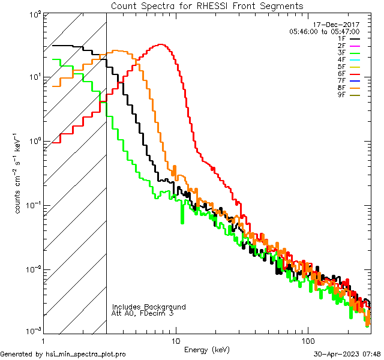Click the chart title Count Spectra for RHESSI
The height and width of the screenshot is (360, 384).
click(207, 5)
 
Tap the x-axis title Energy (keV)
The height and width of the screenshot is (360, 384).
click(206, 349)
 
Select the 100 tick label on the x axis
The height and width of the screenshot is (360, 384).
click(307, 340)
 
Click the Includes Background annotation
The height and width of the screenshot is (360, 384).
click(148, 307)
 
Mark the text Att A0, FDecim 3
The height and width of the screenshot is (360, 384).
click(142, 314)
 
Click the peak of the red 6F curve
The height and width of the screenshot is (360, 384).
click(160, 44)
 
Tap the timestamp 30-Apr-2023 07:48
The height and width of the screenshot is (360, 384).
click(347, 354)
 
